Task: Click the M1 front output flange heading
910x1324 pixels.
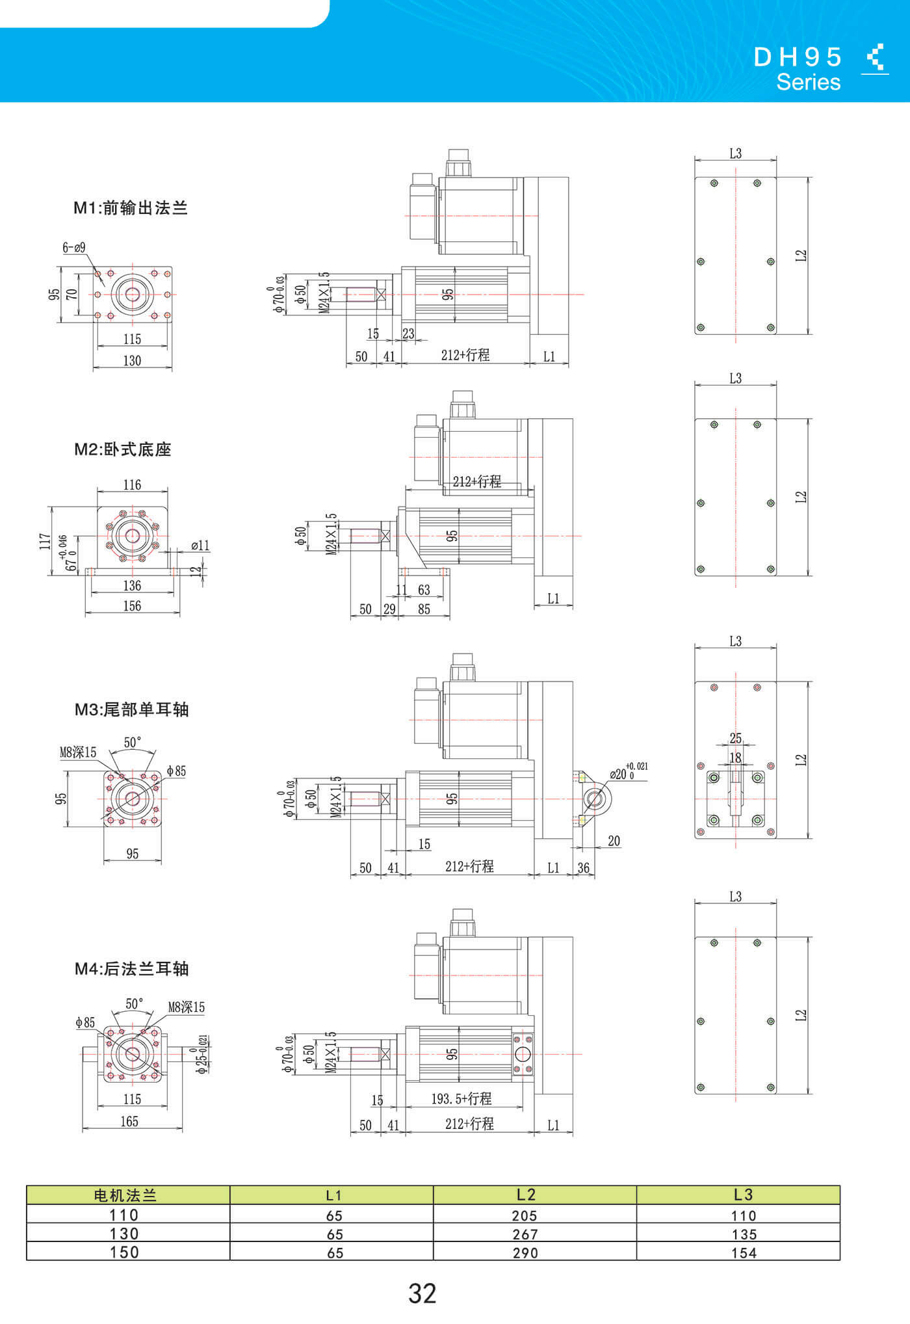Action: point(130,208)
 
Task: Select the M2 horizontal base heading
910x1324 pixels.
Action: point(122,449)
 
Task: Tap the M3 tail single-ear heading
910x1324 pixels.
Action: point(131,709)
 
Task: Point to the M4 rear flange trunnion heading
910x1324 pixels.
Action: point(131,968)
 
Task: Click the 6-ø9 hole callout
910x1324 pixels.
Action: point(73,247)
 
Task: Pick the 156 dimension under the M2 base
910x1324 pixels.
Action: point(132,606)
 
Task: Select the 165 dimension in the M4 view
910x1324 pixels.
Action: point(129,1121)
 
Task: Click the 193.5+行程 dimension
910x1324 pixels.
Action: point(461,1098)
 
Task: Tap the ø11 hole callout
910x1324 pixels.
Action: point(200,546)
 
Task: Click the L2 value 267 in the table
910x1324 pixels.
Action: point(525,1234)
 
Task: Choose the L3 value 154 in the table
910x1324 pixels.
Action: point(744,1253)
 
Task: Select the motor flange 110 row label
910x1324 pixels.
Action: point(123,1215)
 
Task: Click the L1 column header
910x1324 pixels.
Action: point(333,1195)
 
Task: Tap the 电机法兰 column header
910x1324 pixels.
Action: point(125,1195)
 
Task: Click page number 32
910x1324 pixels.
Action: point(422,1293)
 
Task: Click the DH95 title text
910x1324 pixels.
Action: point(798,57)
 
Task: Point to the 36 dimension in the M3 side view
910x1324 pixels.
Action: point(583,867)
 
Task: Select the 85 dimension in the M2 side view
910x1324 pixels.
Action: point(424,609)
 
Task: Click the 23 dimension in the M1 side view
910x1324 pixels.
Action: point(408,334)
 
